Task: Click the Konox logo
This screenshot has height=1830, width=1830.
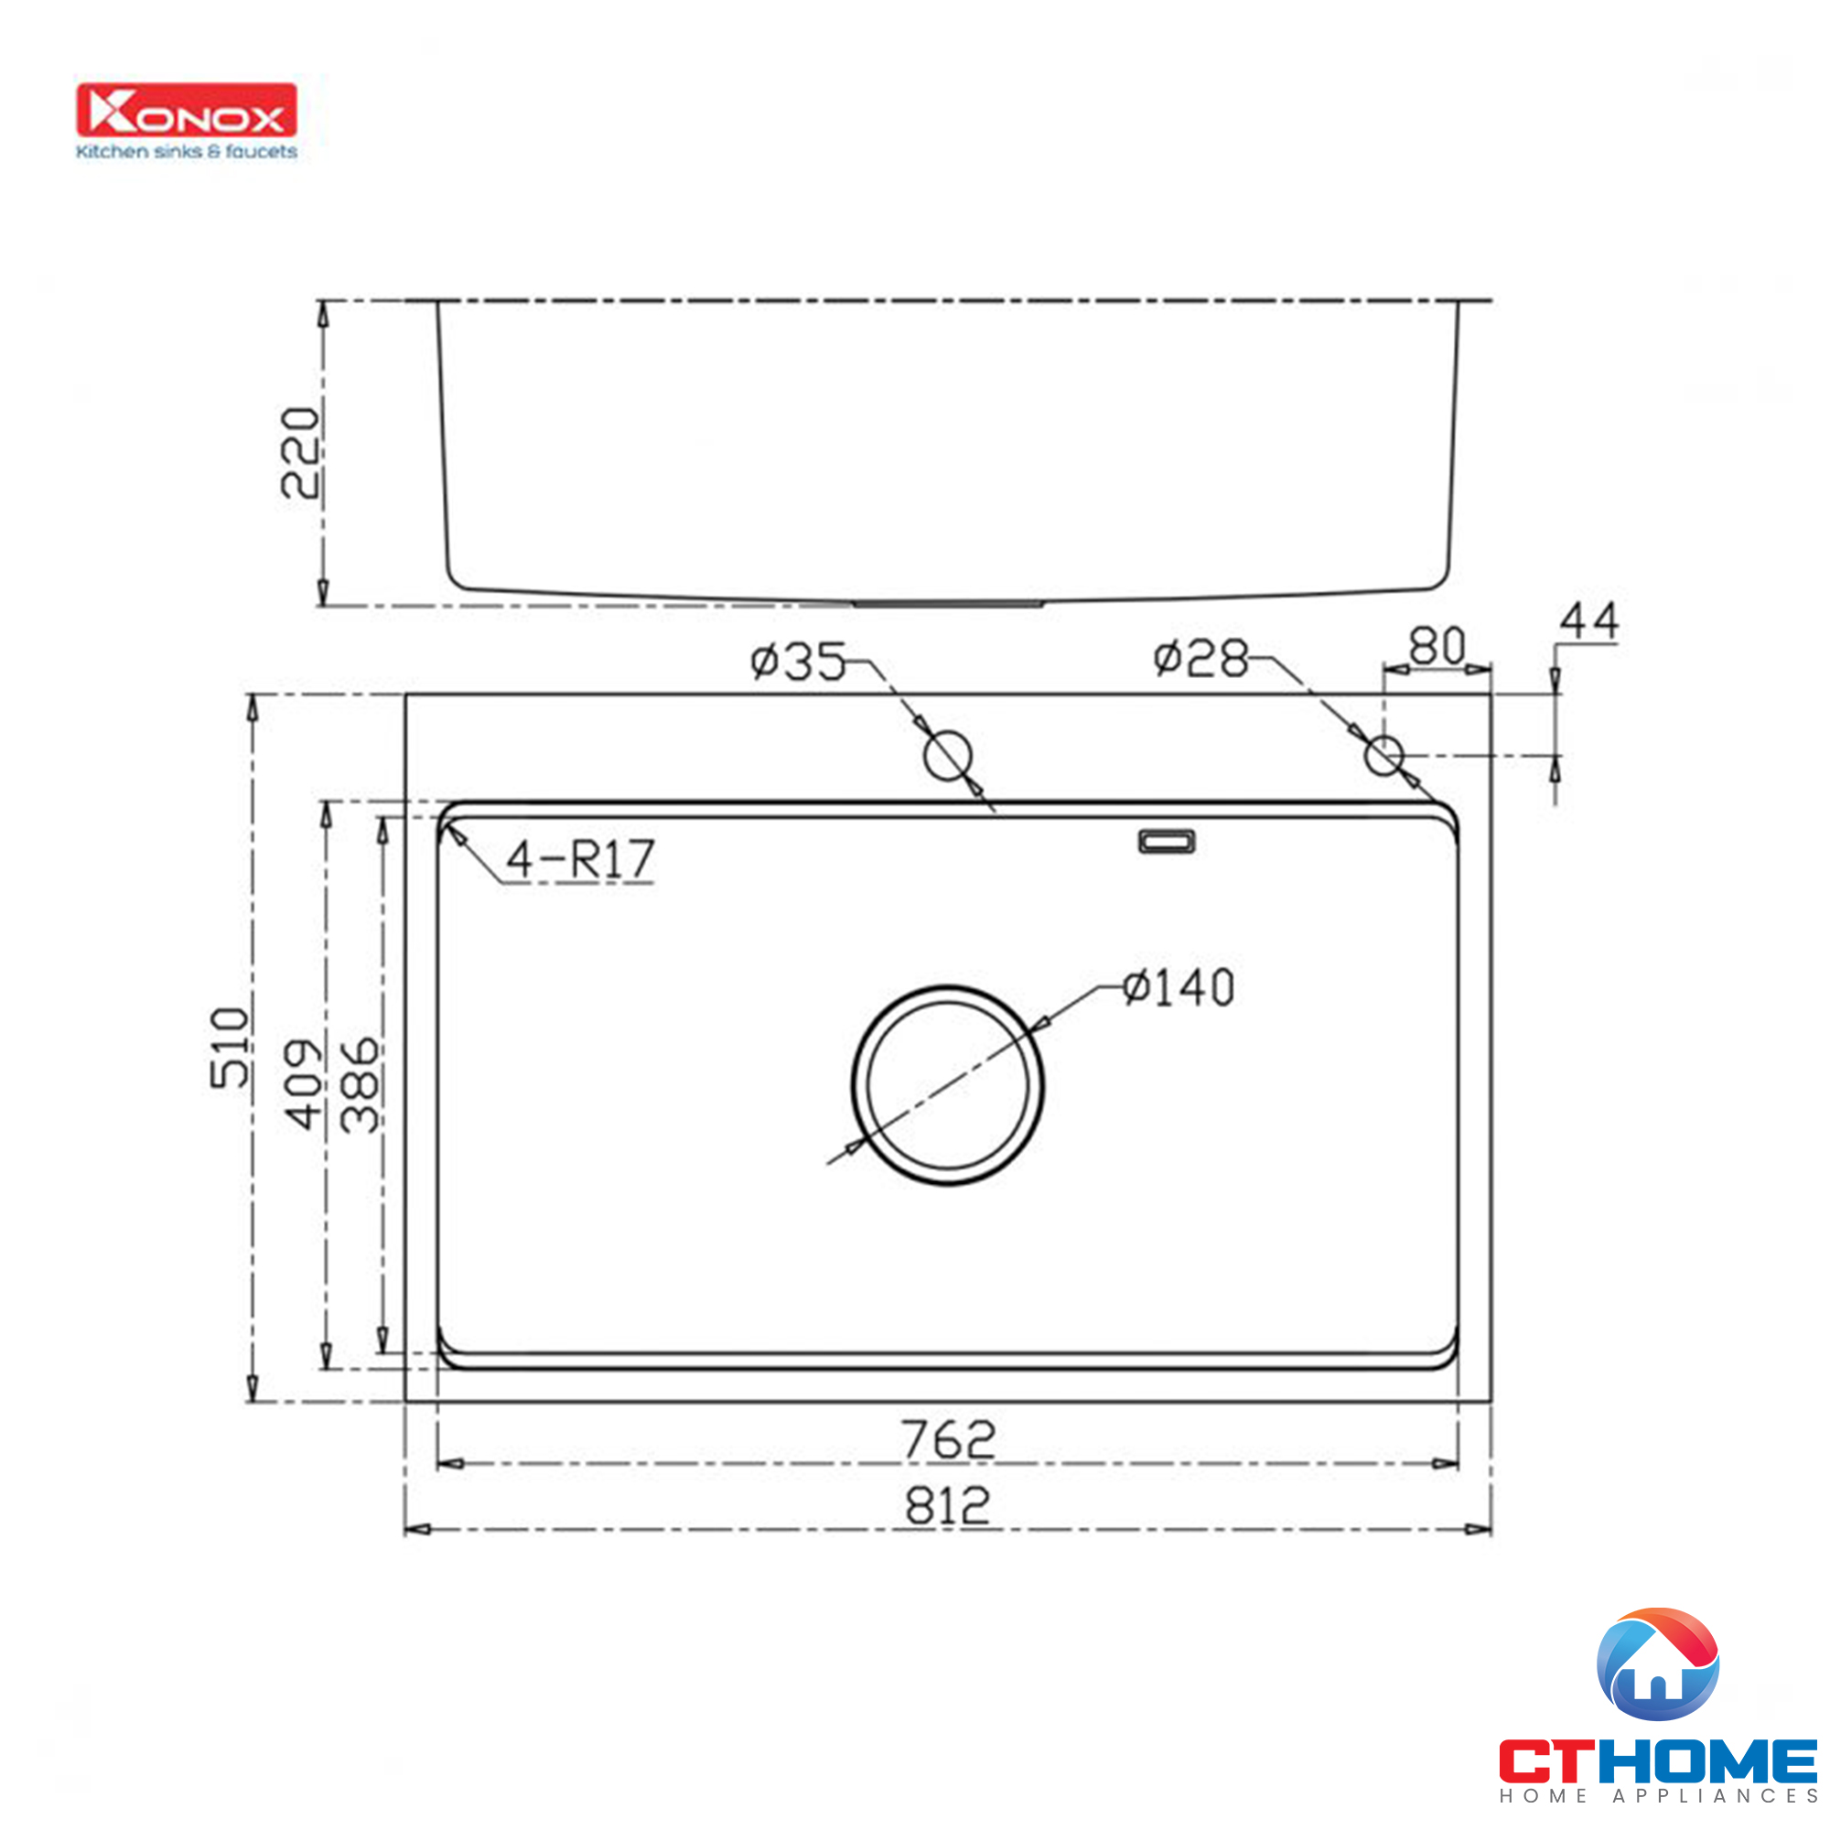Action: [x=187, y=111]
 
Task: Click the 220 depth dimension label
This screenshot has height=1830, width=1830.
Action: [x=299, y=453]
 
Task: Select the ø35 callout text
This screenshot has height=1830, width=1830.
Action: [x=798, y=662]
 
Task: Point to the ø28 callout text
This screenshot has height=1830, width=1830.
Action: [x=1201, y=657]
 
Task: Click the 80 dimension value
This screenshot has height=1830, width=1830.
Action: [x=1436, y=648]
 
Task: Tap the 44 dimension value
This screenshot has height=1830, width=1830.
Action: [x=1588, y=621]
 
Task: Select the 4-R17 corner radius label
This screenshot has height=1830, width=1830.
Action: [x=580, y=859]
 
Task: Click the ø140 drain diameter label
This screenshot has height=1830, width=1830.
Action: [x=1179, y=988]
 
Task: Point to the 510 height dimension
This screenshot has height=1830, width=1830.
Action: [x=231, y=1047]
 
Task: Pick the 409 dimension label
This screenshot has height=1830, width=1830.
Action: [x=304, y=1083]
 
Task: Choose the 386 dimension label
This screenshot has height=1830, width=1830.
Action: [x=360, y=1083]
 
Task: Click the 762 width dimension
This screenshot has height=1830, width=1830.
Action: [x=947, y=1438]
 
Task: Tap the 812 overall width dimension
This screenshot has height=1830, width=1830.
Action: [x=947, y=1505]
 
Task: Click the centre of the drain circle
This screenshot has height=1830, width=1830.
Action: [x=947, y=1084]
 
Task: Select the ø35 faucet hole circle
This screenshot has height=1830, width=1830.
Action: [x=947, y=755]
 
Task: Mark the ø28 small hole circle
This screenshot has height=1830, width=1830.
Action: [x=1383, y=755]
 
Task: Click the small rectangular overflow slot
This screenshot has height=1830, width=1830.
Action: [x=1166, y=841]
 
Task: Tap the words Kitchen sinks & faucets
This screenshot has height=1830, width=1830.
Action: [x=187, y=152]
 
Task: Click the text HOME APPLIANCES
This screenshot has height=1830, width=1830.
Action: [x=1658, y=1795]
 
